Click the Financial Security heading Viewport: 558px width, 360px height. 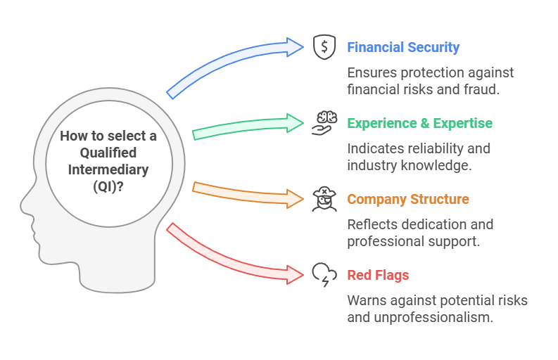(403, 48)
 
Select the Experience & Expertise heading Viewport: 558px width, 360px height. (419, 123)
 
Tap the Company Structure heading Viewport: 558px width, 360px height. (408, 199)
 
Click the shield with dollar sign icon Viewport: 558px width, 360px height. (324, 47)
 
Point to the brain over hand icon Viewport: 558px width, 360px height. (324, 122)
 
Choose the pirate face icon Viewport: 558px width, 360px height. (324, 199)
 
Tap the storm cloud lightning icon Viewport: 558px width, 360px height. (324, 274)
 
